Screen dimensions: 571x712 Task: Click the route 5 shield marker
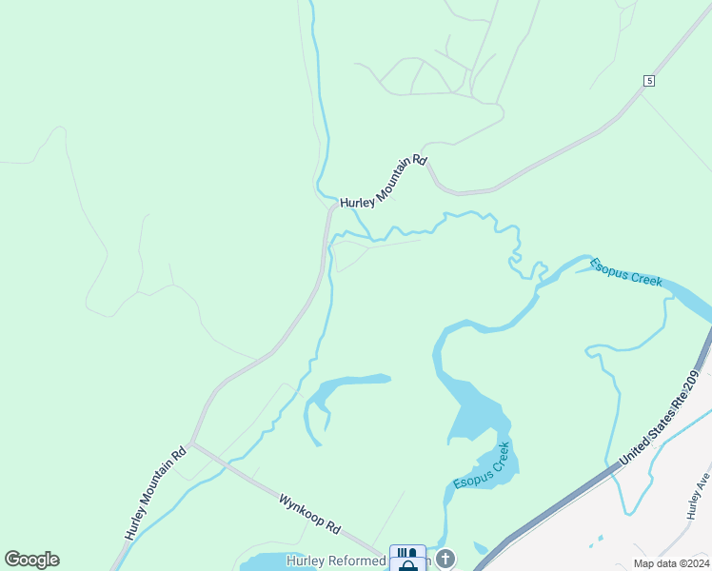[648, 81]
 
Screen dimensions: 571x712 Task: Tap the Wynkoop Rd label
[309, 512]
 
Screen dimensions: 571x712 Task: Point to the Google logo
[31, 560]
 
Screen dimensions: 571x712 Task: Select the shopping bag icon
[408, 566]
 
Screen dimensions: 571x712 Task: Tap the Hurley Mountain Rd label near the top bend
[383, 181]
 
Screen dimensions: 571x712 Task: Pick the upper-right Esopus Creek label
[626, 272]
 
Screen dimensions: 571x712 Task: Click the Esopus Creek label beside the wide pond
[487, 466]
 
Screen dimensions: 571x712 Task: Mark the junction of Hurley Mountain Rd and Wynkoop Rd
[192, 443]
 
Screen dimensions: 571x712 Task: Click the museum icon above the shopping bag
[408, 552]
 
